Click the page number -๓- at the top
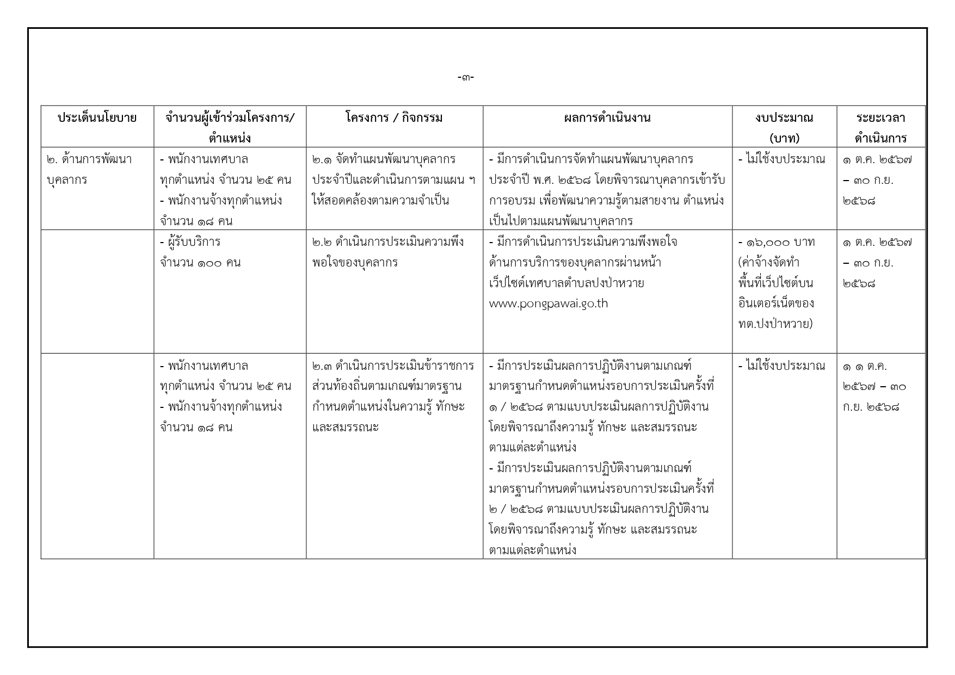pyautogui.click(x=466, y=78)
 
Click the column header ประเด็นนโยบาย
pyautogui.click(x=97, y=117)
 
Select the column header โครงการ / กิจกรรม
pyautogui.click(x=394, y=117)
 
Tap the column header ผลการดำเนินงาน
pyautogui.click(x=607, y=117)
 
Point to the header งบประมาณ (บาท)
pyautogui.click(x=784, y=127)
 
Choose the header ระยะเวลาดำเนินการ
pyautogui.click(x=880, y=127)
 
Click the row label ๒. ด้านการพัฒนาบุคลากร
pyautogui.click(x=89, y=169)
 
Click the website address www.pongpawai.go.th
pyautogui.click(x=548, y=304)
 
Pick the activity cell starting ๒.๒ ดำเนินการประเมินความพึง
pyautogui.click(x=387, y=252)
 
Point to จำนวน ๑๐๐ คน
pyautogui.click(x=200, y=263)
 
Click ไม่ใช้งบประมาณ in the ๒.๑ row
pyautogui.click(x=781, y=159)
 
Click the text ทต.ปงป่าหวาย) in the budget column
pyautogui.click(x=775, y=324)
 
